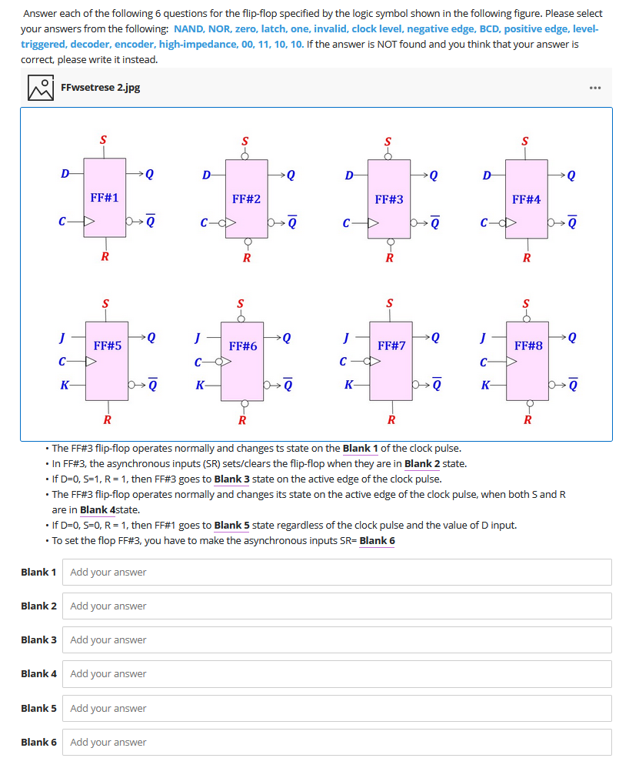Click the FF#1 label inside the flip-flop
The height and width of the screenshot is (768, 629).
pyautogui.click(x=104, y=198)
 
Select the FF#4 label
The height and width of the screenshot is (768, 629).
pyautogui.click(x=526, y=199)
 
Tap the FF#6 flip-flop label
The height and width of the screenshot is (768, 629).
pyautogui.click(x=243, y=347)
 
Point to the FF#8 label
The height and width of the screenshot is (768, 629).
pyautogui.click(x=528, y=346)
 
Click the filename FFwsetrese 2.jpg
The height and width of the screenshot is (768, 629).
pyautogui.click(x=100, y=88)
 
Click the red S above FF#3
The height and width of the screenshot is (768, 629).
pyautogui.click(x=388, y=142)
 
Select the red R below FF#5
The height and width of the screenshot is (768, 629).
pyautogui.click(x=107, y=420)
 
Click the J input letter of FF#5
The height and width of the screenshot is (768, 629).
pyautogui.click(x=62, y=336)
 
